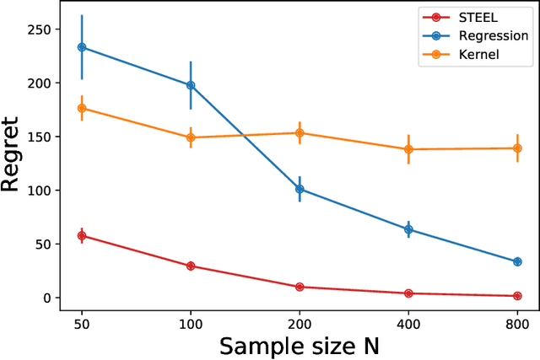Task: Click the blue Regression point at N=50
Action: pos(82,47)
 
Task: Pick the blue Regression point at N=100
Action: pos(191,85)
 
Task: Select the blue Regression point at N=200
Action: pos(300,190)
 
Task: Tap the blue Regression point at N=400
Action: pos(408,229)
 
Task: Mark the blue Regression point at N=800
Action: pos(517,261)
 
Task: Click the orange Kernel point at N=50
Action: pos(82,108)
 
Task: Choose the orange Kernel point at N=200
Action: pos(300,133)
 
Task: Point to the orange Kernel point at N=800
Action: pos(517,148)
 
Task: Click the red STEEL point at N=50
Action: pos(82,236)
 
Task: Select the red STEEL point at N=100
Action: pos(191,266)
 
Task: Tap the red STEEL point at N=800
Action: pos(517,296)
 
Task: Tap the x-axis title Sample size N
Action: pos(299,345)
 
